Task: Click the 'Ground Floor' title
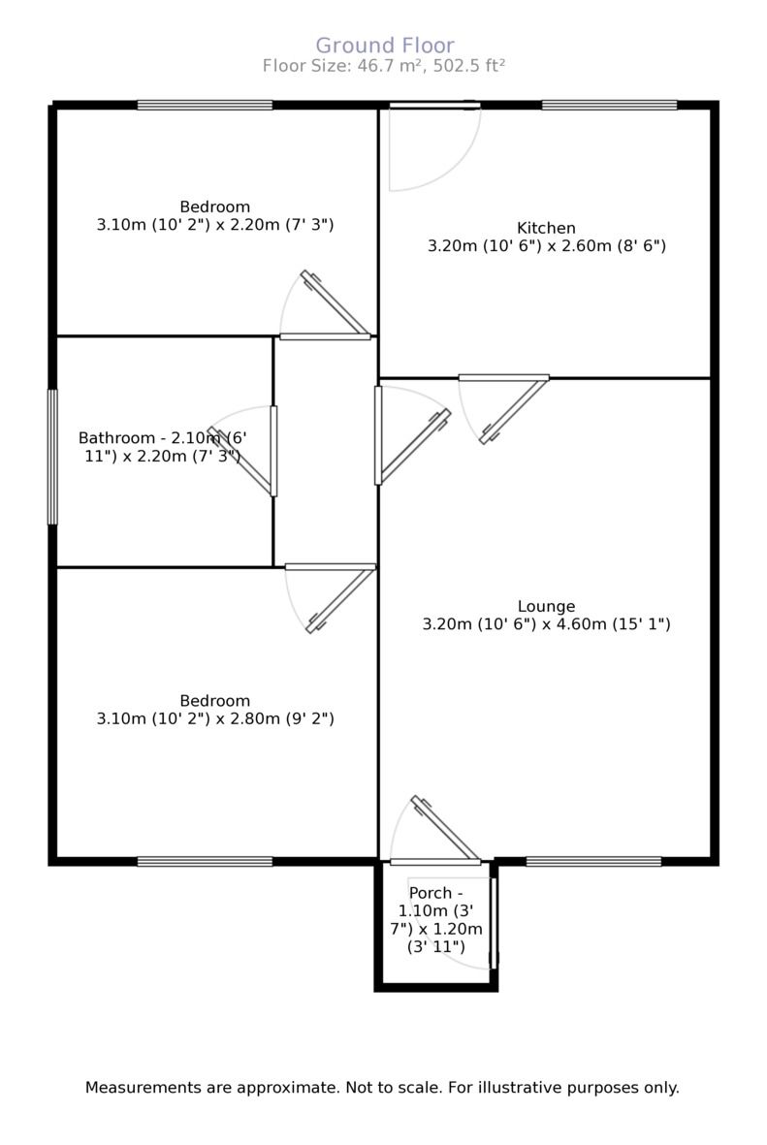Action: (x=385, y=45)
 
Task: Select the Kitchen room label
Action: (x=546, y=228)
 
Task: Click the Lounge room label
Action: (x=546, y=606)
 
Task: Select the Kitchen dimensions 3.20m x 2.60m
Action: (x=546, y=246)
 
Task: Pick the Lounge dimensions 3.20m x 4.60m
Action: (x=546, y=624)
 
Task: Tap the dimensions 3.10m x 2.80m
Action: (x=215, y=719)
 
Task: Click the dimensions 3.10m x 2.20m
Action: (x=215, y=225)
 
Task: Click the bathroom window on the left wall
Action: (x=52, y=457)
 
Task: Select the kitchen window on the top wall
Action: (x=609, y=105)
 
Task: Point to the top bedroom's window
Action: (x=205, y=105)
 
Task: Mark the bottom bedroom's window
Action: (x=205, y=861)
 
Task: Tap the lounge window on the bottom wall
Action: (x=593, y=861)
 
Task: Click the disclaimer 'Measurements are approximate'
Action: (x=382, y=1088)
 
